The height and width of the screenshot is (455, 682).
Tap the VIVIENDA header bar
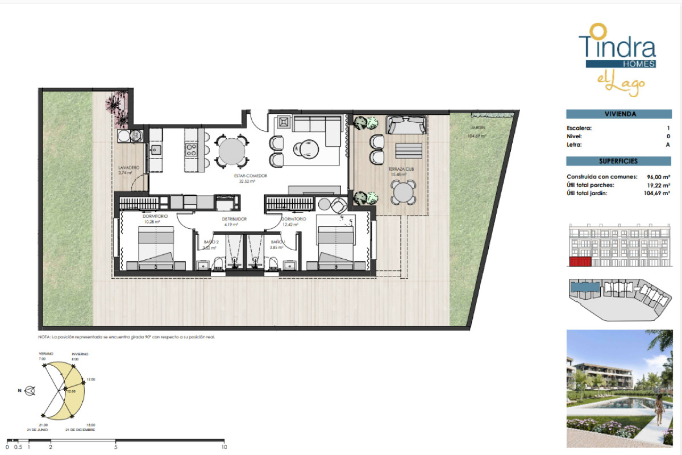[619, 114]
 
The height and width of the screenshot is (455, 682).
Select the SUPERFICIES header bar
[618, 161]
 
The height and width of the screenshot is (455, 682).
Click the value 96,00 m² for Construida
[658, 177]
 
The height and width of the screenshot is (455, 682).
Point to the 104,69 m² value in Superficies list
[656, 193]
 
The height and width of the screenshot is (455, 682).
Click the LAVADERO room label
[129, 167]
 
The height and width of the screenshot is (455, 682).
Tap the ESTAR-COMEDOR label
[250, 176]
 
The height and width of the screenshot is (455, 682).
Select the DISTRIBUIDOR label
[234, 219]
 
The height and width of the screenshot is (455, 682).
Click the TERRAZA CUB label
[401, 169]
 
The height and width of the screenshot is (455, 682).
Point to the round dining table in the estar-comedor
[232, 151]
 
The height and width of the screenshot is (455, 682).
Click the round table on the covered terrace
[403, 192]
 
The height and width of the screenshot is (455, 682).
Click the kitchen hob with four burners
[191, 150]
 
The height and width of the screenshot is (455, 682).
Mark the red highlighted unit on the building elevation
[580, 262]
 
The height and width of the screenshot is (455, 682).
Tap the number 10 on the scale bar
[224, 447]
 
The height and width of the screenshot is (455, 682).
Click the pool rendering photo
[619, 388]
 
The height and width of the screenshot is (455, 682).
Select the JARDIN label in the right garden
[478, 128]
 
